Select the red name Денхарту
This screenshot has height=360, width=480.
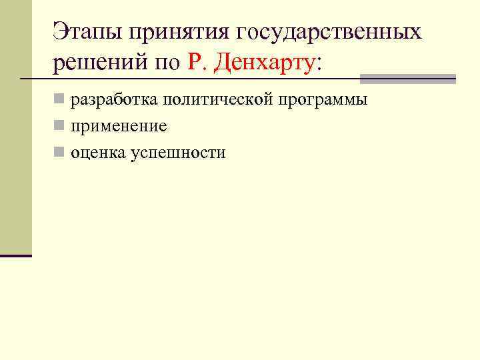264,63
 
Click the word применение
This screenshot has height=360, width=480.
119,127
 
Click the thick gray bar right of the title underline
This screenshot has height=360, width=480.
407,79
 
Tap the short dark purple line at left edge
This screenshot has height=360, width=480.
16,255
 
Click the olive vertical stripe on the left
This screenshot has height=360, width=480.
15,133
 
